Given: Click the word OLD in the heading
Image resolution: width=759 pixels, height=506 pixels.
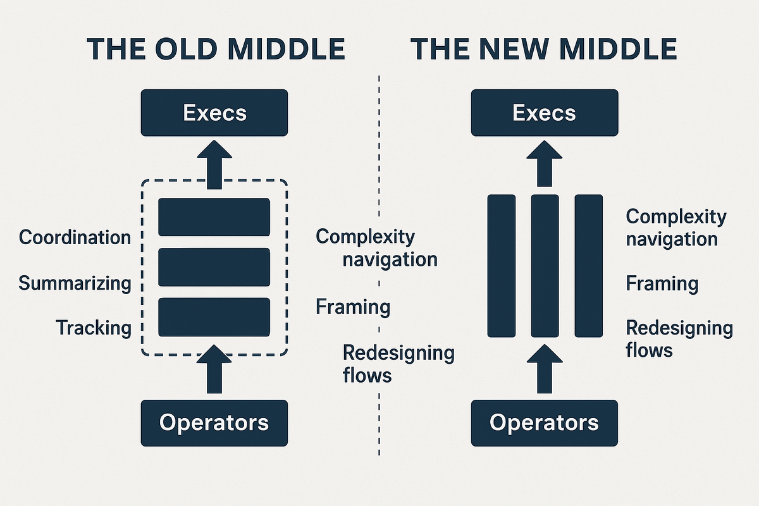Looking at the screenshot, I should (181, 49).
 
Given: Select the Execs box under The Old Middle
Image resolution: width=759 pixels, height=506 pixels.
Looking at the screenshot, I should (214, 113).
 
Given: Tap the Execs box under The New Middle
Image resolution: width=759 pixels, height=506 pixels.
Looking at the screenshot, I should (544, 113).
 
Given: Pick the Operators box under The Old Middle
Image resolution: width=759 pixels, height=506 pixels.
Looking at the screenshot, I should (214, 423).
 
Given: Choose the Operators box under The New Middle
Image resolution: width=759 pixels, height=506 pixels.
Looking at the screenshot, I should (544, 423).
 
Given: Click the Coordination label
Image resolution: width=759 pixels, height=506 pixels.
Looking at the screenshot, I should (75, 237).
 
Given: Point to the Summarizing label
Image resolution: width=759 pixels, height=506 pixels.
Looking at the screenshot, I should (75, 283).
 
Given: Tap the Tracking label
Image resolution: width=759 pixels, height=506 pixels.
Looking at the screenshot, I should (94, 328).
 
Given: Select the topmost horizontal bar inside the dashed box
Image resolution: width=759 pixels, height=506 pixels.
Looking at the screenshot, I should (214, 217).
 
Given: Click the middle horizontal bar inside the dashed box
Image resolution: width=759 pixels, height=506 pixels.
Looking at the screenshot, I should (214, 267).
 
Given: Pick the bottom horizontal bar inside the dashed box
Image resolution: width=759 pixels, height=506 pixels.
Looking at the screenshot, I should (214, 317).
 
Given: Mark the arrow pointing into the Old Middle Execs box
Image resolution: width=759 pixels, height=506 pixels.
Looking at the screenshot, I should (214, 166).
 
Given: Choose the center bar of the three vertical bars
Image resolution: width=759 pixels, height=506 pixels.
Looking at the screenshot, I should (545, 266).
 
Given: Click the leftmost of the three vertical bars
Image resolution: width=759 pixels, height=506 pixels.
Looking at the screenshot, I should (502, 266).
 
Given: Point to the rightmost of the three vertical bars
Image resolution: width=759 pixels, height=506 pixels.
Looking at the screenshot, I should (588, 266).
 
